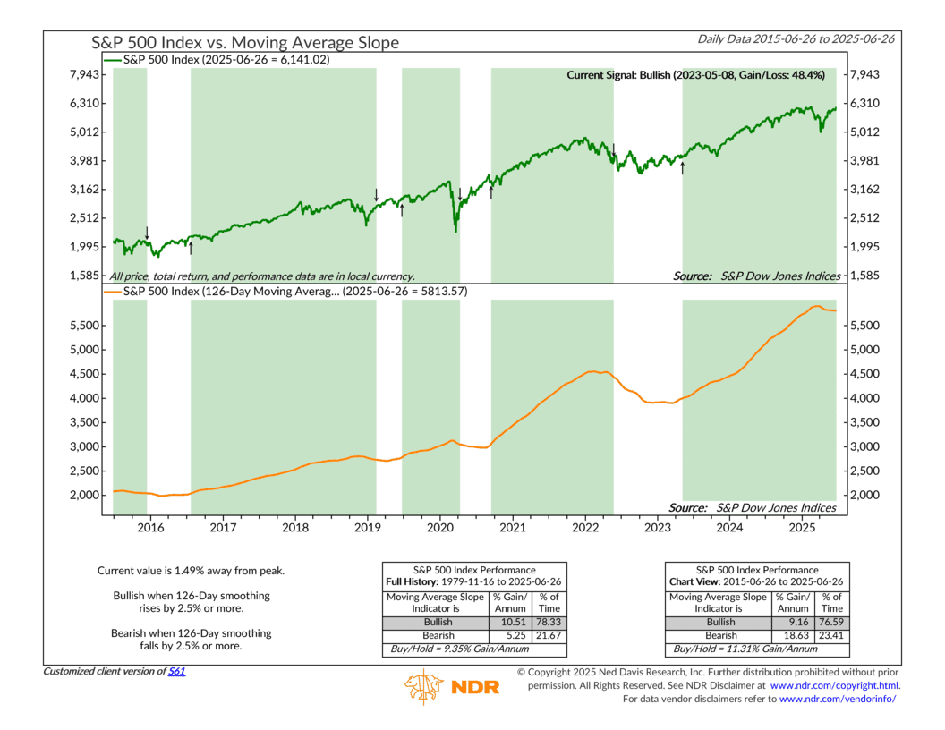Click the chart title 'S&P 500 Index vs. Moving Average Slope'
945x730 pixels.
245,42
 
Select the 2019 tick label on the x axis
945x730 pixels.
367,528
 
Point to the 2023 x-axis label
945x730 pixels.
657,528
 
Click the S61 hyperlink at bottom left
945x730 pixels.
177,670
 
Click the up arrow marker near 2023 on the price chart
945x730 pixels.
683,168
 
